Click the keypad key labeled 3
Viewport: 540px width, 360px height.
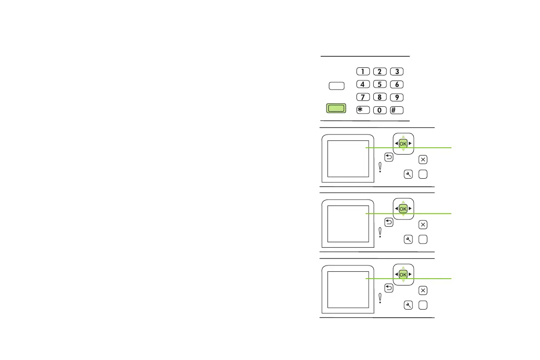coord(397,71)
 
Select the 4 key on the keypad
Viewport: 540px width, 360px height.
coord(362,84)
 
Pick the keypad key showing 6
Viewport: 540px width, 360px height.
coord(397,84)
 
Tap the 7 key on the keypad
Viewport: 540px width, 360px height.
coord(362,97)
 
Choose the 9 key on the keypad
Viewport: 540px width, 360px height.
coord(397,97)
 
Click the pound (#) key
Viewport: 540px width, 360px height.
coord(397,110)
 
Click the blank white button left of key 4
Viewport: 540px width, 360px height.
coord(336,85)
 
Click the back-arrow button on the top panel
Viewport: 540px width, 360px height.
coord(388,158)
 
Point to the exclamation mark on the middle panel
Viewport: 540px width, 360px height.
coord(380,233)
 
